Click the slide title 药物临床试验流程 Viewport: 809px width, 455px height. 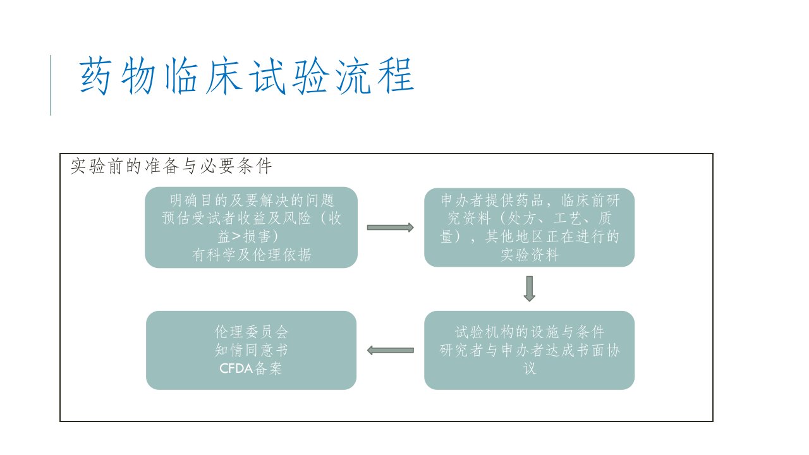[246, 75]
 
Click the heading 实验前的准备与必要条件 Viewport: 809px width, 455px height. [171, 166]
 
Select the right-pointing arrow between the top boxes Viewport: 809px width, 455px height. [391, 227]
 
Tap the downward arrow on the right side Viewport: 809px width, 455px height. [530, 289]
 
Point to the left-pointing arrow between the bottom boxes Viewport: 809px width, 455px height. [391, 350]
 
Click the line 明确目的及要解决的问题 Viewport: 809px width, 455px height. [252, 200]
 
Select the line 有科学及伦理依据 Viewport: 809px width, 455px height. [252, 255]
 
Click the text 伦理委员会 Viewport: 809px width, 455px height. [252, 332]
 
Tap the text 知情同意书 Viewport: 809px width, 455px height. [252, 350]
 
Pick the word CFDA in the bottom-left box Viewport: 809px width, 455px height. [236, 368]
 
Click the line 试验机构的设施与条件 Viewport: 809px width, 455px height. [530, 332]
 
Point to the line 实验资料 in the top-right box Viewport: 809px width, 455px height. [530, 255]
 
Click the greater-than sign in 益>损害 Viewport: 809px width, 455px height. [236, 236]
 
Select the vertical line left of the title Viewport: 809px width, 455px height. [51, 85]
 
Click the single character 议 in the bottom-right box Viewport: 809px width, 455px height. [530, 368]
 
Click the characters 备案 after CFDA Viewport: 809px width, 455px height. [269, 368]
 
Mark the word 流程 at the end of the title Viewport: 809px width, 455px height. [375, 75]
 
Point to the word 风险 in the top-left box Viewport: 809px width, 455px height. [296, 218]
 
